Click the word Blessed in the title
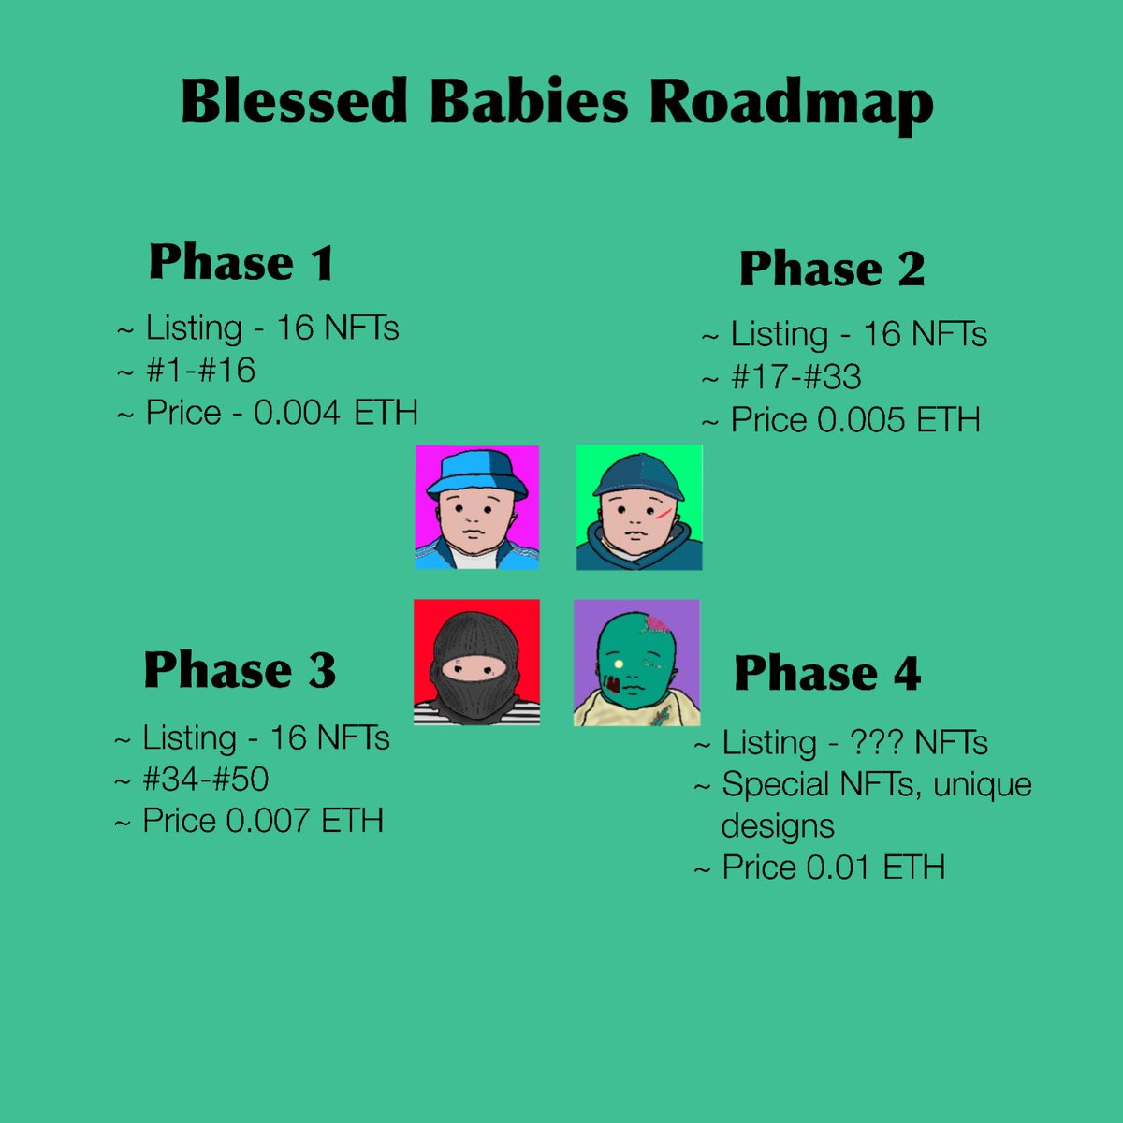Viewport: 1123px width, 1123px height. click(x=295, y=101)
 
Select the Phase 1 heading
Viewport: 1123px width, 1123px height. click(x=241, y=262)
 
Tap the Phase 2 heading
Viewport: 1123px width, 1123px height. click(x=832, y=270)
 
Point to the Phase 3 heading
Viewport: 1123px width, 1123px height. click(x=240, y=670)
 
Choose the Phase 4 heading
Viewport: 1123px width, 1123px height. click(x=827, y=673)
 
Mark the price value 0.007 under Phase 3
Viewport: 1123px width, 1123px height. click(x=269, y=821)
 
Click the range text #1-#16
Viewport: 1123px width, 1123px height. click(x=200, y=371)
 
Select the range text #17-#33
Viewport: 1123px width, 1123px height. click(x=795, y=377)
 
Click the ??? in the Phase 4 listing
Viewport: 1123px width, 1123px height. click(x=877, y=743)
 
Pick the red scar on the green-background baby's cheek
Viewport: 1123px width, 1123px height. click(x=664, y=513)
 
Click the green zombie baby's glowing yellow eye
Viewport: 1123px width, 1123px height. click(x=619, y=664)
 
